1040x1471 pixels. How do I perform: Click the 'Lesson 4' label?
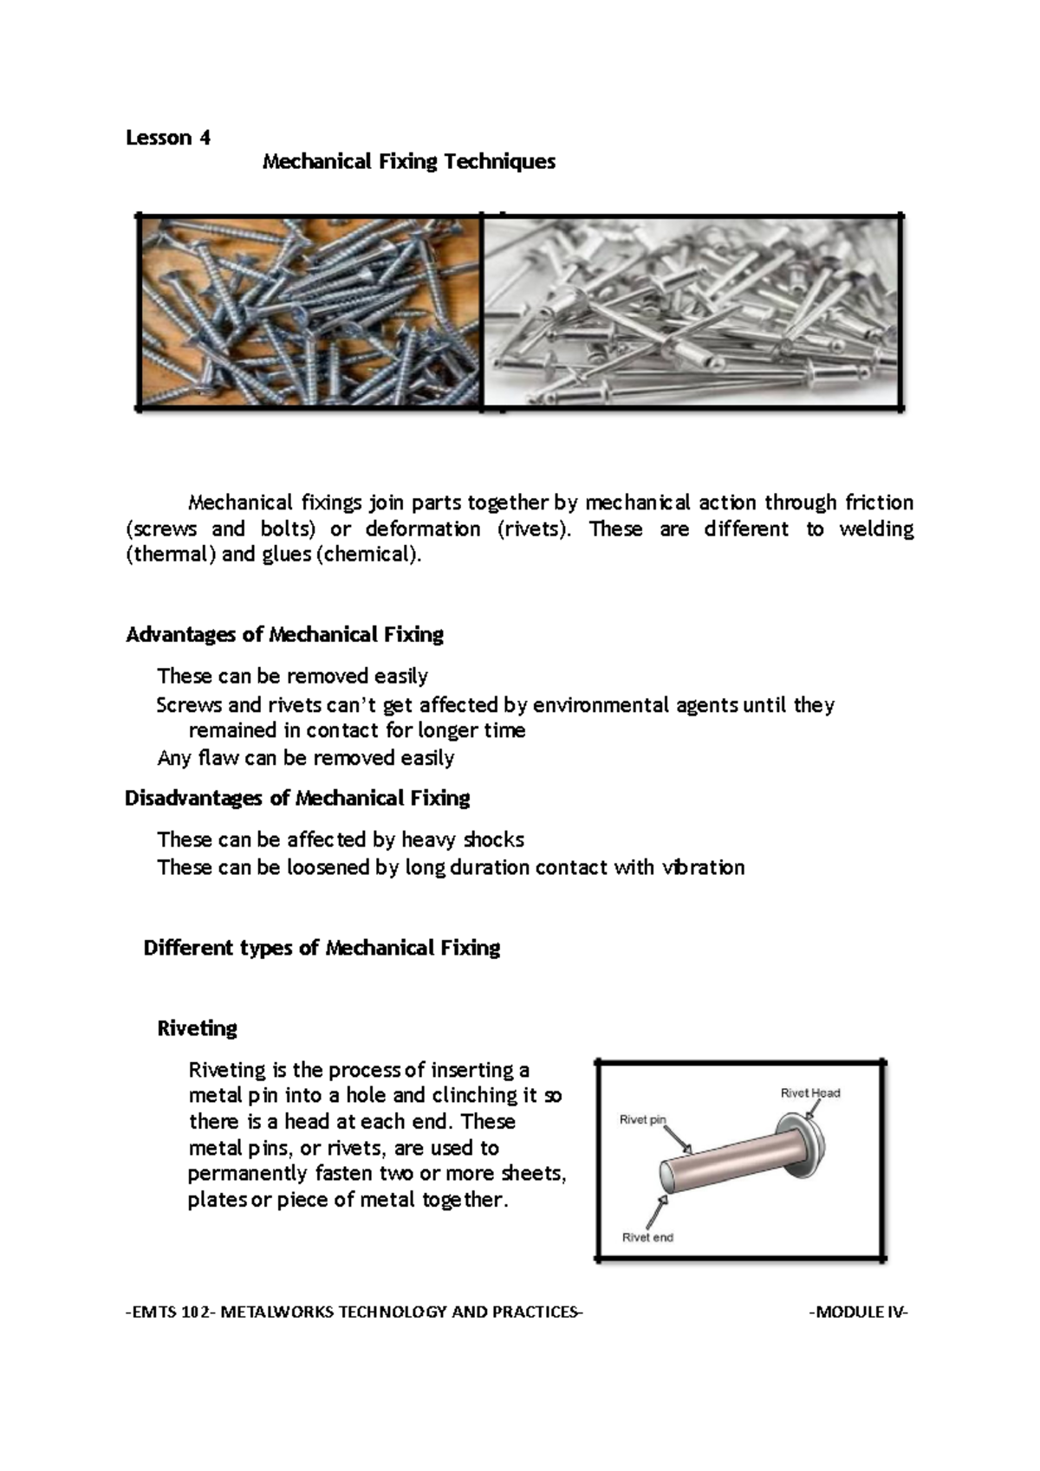(168, 138)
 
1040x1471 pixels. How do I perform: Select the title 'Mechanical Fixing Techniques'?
(408, 162)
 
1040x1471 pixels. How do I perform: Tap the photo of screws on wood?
(309, 311)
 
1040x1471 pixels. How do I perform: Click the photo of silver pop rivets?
(692, 311)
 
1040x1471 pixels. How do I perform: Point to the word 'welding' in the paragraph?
(875, 529)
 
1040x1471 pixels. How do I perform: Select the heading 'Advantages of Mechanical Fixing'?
(284, 635)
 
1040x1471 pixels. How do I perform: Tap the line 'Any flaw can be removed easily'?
(305, 758)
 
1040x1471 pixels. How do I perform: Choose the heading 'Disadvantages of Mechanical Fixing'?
(297, 798)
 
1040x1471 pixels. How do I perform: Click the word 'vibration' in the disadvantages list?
(703, 867)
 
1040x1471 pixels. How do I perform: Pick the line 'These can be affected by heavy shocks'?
(340, 839)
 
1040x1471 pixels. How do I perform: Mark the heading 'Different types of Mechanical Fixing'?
(322, 948)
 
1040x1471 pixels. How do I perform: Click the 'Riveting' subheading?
(197, 1028)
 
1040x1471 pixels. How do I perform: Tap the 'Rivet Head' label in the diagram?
(809, 1093)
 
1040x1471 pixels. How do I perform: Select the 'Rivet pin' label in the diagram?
(642, 1119)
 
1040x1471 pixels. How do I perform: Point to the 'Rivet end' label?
(647, 1237)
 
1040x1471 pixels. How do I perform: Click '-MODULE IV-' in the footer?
(858, 1312)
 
